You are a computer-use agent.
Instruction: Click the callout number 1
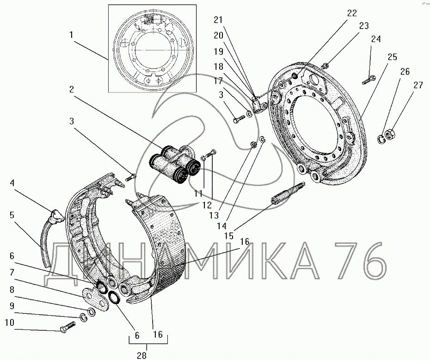coord(71,35)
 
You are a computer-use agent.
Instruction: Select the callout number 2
coord(72,89)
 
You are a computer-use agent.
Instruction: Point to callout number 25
coord(393,57)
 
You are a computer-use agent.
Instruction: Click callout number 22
coord(352,13)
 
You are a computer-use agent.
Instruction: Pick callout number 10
coord(10,323)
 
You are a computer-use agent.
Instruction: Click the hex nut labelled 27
coord(389,134)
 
